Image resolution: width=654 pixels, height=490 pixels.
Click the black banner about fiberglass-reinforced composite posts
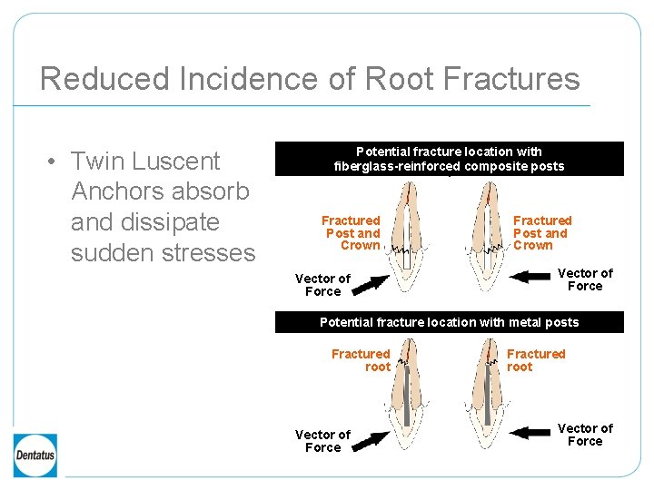coord(449,159)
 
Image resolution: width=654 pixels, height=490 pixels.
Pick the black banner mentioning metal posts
coord(449,322)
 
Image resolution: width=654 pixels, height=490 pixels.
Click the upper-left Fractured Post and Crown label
coord(351,233)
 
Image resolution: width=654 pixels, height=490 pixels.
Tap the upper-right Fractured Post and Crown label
coord(542,233)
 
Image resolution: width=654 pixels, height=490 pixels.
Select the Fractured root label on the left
coord(361,360)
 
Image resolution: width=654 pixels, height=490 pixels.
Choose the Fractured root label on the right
coord(535,360)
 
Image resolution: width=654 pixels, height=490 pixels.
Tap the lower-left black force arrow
coord(370,441)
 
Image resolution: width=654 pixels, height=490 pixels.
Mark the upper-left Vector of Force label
coord(322,285)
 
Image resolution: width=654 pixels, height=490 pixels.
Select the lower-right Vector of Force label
coord(585,435)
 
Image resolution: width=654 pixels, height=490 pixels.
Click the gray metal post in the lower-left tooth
coord(406,390)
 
